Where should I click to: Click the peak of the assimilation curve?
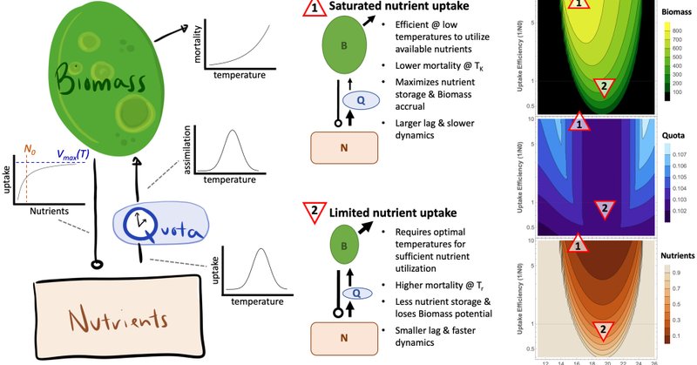pyautogui.click(x=233, y=132)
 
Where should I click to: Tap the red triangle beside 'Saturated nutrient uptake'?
pyautogui.click(x=312, y=10)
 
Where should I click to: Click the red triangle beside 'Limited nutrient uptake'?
pyautogui.click(x=312, y=213)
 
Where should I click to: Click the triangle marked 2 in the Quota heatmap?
pyautogui.click(x=601, y=208)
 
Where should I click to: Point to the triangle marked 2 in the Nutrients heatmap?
pyautogui.click(x=601, y=329)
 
